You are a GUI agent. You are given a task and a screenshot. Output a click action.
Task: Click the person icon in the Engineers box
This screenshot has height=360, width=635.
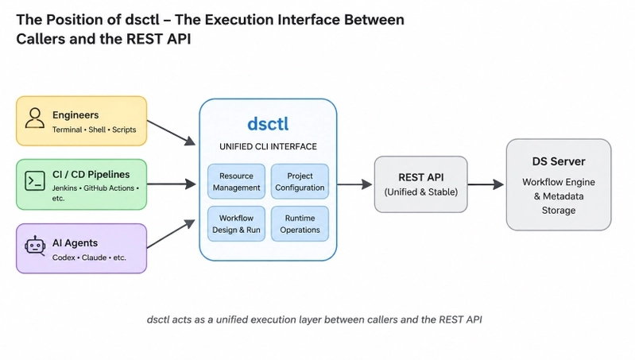click(35, 118)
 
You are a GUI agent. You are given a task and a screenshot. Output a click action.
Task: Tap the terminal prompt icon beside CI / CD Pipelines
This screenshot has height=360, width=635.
click(35, 181)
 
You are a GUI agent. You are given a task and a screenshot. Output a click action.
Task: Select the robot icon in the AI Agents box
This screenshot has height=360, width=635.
click(35, 246)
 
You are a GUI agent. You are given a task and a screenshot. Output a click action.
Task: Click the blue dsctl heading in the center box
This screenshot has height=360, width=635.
click(268, 123)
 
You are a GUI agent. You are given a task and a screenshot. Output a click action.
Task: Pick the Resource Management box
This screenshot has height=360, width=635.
click(237, 181)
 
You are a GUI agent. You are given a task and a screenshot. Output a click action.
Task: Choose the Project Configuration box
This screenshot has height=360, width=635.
click(300, 181)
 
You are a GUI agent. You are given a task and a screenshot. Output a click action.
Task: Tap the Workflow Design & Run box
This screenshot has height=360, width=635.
click(237, 223)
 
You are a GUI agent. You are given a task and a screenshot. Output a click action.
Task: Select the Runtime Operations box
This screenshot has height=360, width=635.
click(300, 223)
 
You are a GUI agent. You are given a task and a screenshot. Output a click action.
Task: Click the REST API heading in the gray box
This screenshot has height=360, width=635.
click(420, 177)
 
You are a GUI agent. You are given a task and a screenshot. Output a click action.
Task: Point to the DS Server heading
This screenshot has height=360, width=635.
click(559, 161)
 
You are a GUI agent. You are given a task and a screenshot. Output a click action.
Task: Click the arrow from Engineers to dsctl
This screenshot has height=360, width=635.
click(172, 133)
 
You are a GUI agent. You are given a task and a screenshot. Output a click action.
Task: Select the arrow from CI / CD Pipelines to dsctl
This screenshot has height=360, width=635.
click(172, 184)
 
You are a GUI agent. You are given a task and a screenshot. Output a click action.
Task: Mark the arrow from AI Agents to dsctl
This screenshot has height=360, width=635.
click(172, 234)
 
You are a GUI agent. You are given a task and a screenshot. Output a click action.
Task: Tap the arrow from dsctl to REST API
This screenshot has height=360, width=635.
click(354, 184)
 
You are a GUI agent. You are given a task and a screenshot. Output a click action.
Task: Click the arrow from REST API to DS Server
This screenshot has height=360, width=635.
click(486, 184)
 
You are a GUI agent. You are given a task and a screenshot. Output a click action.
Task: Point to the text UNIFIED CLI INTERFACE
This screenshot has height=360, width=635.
click(268, 146)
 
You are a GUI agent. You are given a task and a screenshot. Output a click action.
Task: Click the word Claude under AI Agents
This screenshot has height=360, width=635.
click(94, 257)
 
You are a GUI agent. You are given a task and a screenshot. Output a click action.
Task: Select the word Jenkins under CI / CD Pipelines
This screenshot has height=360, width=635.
click(64, 188)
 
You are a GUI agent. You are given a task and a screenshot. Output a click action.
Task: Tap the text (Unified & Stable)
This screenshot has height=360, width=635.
click(420, 192)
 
